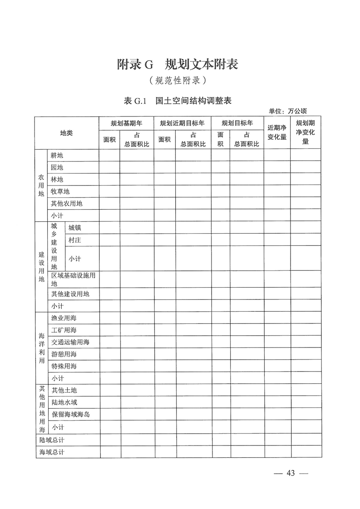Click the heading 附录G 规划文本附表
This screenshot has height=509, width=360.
pos(178,65)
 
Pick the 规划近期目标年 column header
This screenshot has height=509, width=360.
pos(182,123)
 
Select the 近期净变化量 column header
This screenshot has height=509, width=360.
pos(277,132)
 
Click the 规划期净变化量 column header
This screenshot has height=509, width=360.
pos(306,132)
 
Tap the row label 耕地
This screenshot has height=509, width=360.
pos(57,156)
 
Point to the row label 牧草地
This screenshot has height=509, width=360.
pos(60,192)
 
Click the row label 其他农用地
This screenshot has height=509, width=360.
pos(67,204)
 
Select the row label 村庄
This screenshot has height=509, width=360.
pos(74,240)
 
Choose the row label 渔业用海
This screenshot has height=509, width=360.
pos(64,318)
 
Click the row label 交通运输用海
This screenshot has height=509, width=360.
pos(70,342)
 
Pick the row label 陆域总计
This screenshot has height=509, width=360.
pos(52,440)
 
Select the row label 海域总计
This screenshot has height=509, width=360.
pos(52,452)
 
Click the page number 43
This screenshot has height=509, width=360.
pos(291,473)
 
